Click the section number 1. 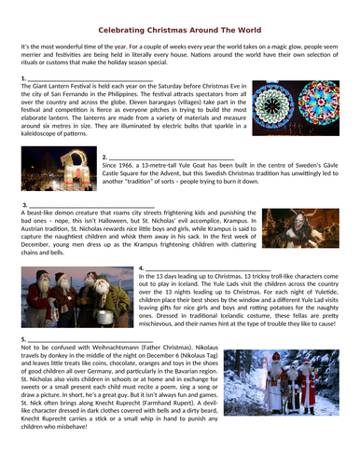click(22, 77)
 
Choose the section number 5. click(22, 336)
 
